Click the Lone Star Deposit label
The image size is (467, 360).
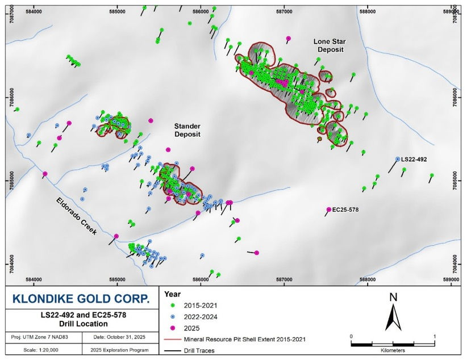[331, 45]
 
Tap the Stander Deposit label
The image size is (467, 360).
[187, 129]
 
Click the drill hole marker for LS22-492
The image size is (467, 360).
[398, 160]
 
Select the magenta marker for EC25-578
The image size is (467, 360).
[328, 210]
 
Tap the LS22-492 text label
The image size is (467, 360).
[414, 160]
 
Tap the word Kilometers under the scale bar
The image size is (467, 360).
[393, 350]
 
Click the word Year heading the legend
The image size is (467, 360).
[172, 294]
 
